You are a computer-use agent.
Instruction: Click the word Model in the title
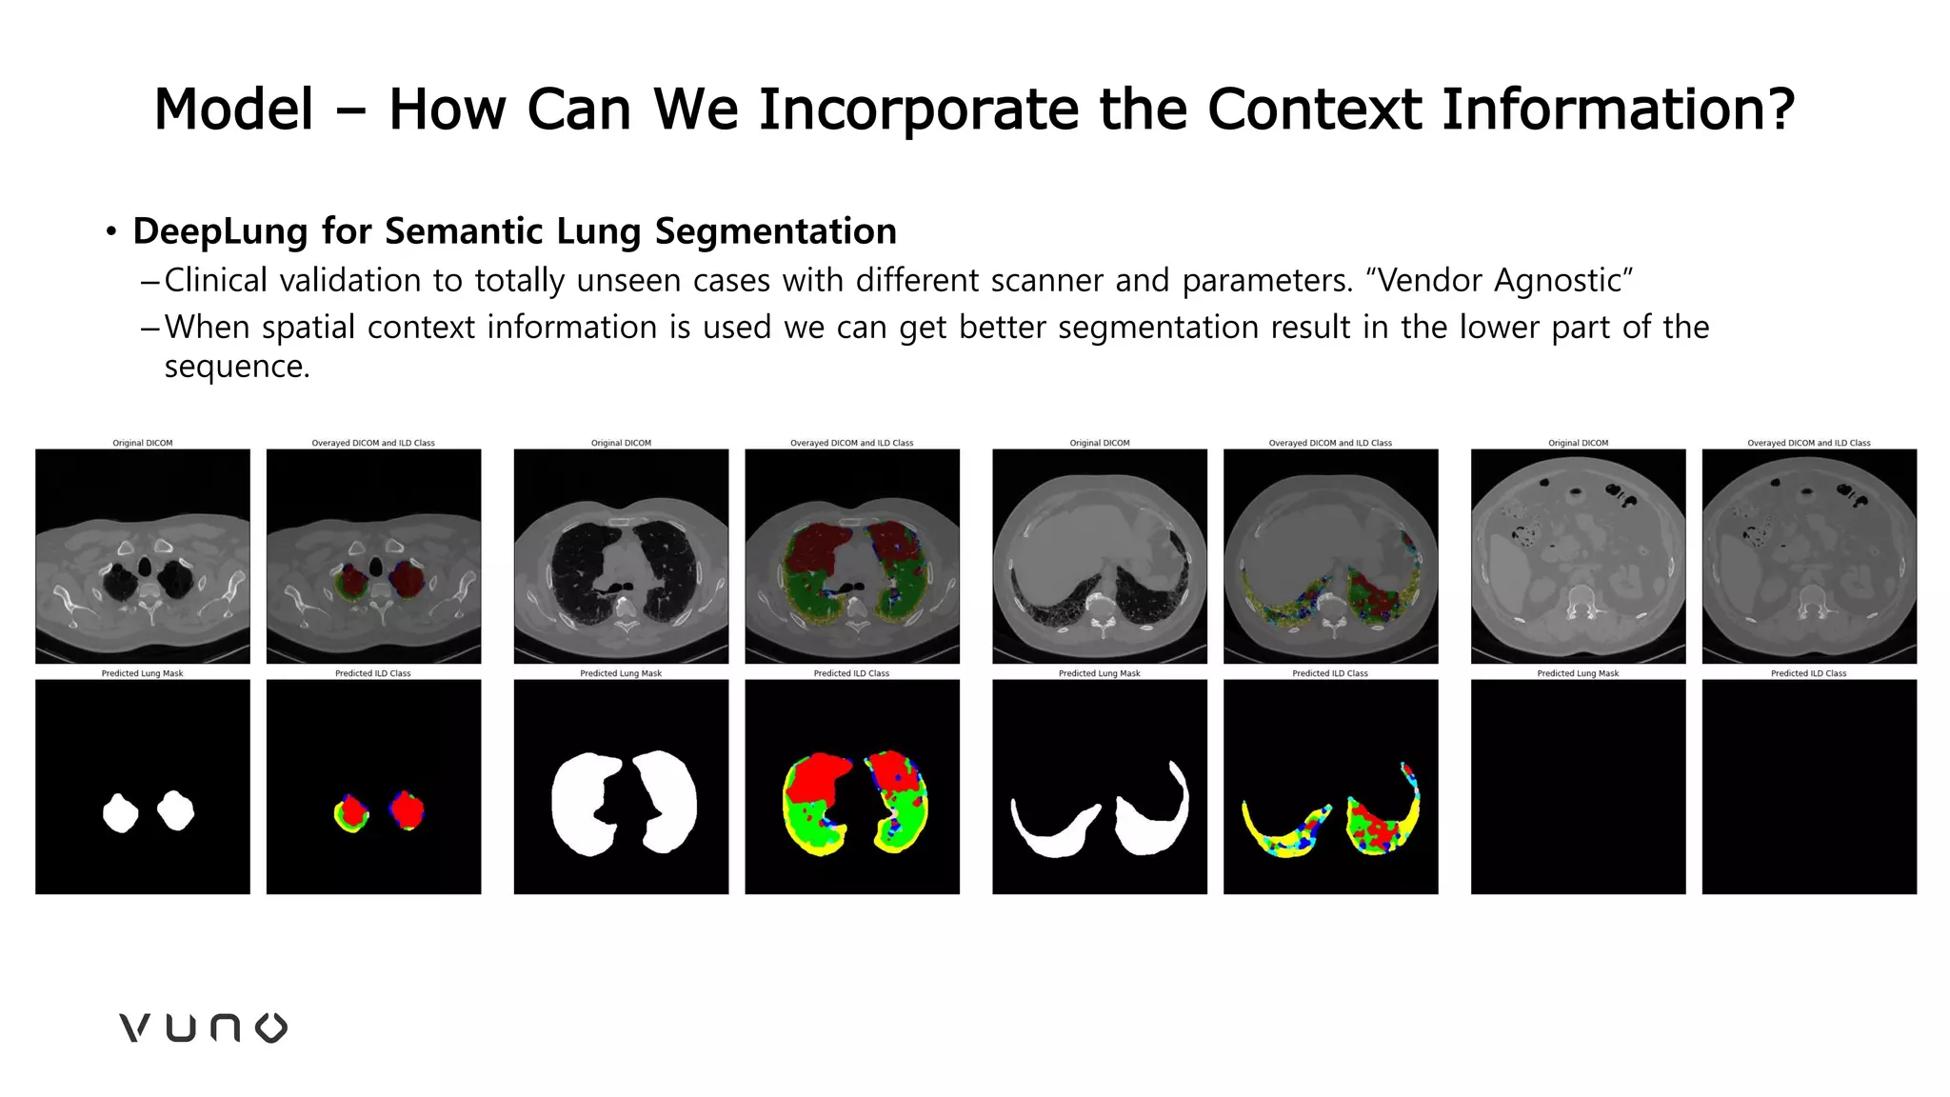(x=233, y=109)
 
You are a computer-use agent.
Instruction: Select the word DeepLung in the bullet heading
(x=220, y=231)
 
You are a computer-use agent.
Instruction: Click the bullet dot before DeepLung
(x=111, y=231)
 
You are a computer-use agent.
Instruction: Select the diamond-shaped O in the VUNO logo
(x=271, y=1027)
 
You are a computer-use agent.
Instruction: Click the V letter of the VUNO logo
(x=135, y=1027)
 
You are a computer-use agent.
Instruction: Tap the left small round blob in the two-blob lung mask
(x=120, y=813)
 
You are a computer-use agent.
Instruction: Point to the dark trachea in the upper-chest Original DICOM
(x=145, y=567)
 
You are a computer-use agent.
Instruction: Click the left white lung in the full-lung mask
(x=585, y=803)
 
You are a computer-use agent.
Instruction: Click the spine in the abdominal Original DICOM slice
(x=1579, y=600)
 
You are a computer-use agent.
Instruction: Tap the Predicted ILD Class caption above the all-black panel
(x=1808, y=673)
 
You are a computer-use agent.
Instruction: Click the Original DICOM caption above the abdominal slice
(x=1578, y=443)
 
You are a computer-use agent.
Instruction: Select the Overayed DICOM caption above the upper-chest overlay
(x=373, y=443)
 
